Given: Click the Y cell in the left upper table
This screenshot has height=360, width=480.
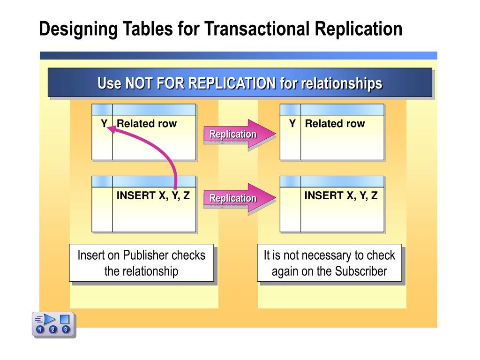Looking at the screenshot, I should click(x=104, y=124).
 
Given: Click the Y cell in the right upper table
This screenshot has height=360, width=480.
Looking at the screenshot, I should click(x=292, y=124).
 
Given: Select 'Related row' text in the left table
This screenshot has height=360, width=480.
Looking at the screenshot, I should click(x=147, y=124).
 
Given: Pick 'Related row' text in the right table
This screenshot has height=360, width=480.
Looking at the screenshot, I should click(x=335, y=124).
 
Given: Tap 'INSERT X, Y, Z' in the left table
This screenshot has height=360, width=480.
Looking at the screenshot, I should click(x=153, y=196).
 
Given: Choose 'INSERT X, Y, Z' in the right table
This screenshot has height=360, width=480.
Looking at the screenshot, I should click(x=341, y=196).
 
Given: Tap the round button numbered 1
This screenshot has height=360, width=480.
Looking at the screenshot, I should click(x=40, y=330).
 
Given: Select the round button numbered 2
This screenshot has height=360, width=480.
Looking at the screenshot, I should click(x=52, y=330).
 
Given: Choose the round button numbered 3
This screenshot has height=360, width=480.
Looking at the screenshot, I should click(x=65, y=330).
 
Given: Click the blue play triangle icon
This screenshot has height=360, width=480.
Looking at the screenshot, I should click(x=50, y=319).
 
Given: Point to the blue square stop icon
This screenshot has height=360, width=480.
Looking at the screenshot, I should click(x=65, y=319).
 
